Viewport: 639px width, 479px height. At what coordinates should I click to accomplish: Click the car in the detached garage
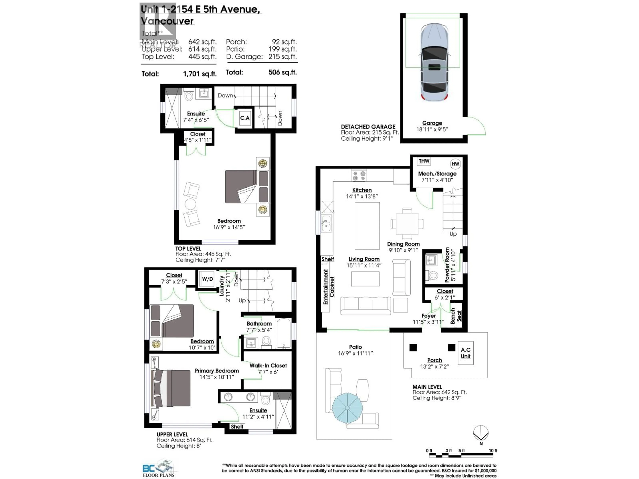pos(434,62)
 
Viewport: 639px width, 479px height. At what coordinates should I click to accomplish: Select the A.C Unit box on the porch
pos(465,353)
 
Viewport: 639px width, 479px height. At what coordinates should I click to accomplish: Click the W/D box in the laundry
pos(207,279)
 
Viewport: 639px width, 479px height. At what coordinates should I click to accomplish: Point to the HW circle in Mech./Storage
pos(455,164)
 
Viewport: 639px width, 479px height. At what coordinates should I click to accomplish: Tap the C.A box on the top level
pos(245,118)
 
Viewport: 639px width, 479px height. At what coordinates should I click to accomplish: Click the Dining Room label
pos(403,244)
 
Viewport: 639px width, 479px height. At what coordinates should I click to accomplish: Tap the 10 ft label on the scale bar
pos(493,450)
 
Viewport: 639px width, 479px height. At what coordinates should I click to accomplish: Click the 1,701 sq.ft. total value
pos(200,74)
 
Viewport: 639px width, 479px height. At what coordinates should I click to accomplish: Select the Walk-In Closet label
pos(268,366)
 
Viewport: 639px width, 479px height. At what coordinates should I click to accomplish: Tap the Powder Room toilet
pos(433,275)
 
